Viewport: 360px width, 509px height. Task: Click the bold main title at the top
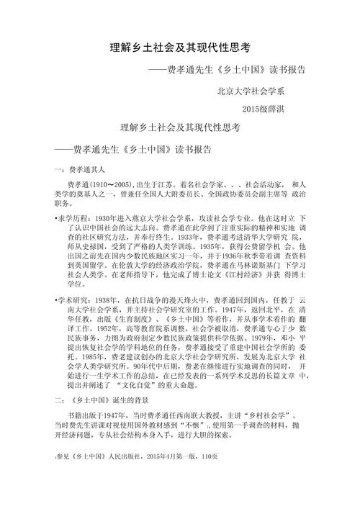[x=179, y=48]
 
